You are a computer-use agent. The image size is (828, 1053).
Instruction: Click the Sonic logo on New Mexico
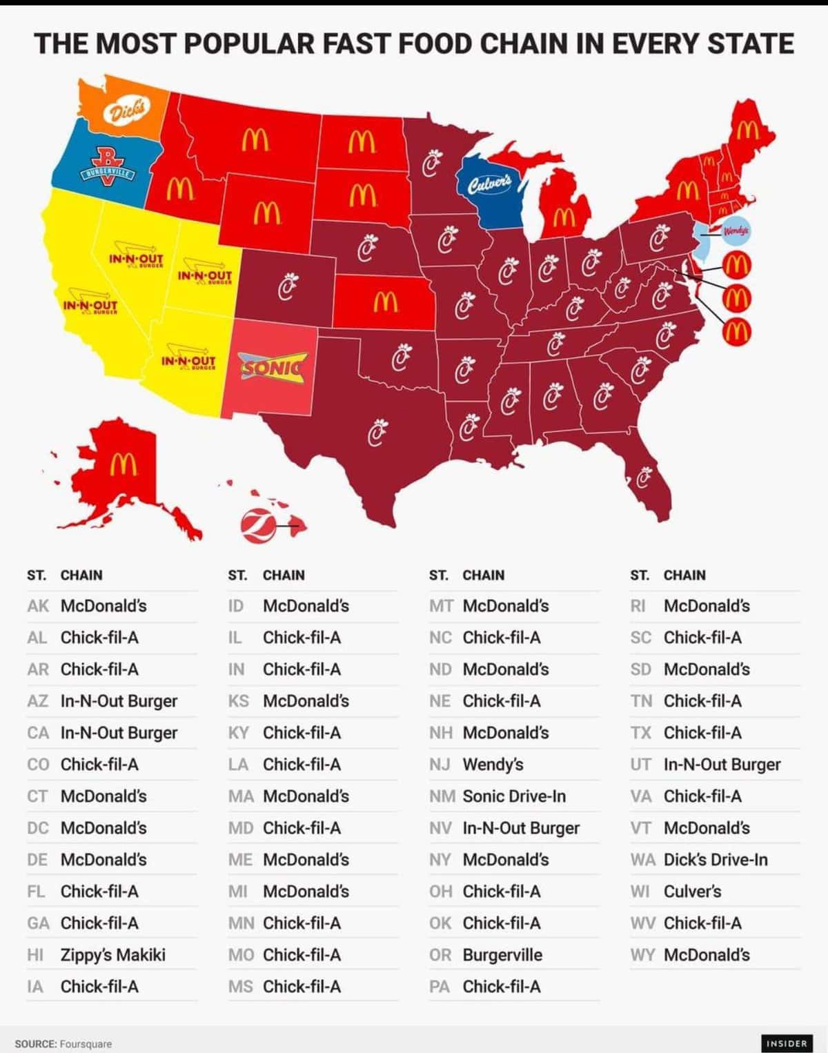pyautogui.click(x=271, y=365)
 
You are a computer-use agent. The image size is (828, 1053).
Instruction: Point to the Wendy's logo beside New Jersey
pyautogui.click(x=737, y=231)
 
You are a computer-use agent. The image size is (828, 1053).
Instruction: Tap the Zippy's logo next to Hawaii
pyautogui.click(x=256, y=524)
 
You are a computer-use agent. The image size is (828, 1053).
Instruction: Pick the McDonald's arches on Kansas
pyautogui.click(x=385, y=301)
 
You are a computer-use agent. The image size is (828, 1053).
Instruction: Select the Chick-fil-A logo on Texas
pyautogui.click(x=375, y=433)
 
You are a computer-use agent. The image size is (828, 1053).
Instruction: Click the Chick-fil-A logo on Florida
pyautogui.click(x=644, y=478)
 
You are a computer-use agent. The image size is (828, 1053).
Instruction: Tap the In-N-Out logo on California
pyautogui.click(x=90, y=306)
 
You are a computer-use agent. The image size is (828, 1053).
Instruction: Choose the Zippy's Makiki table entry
pyautogui.click(x=113, y=955)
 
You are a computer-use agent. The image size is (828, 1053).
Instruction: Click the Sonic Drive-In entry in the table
pyautogui.click(x=514, y=796)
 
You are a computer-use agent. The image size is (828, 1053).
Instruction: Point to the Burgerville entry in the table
pyautogui.click(x=502, y=955)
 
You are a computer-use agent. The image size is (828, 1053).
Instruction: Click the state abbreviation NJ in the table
pyautogui.click(x=440, y=765)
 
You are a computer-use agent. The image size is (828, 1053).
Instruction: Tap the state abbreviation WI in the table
pyautogui.click(x=640, y=892)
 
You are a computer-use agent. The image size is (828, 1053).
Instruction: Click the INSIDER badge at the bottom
pyautogui.click(x=786, y=1043)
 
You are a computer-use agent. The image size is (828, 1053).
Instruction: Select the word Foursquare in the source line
pyautogui.click(x=86, y=1044)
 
